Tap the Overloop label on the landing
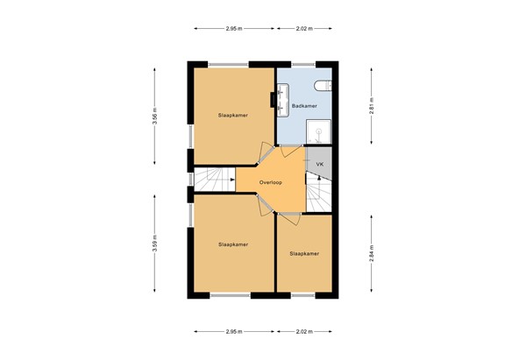click(x=270, y=182)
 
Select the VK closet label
click(x=320, y=164)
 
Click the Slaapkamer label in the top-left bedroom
click(x=232, y=115)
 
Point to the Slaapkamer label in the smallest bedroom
click(x=303, y=253)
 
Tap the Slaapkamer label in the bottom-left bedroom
click(x=232, y=244)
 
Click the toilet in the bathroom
click(x=324, y=85)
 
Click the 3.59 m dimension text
click(x=154, y=244)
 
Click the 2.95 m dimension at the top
click(x=233, y=29)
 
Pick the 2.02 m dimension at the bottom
click(x=302, y=332)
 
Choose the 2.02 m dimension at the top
click(x=302, y=29)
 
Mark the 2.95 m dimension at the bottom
click(x=233, y=332)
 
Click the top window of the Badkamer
click(x=303, y=64)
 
